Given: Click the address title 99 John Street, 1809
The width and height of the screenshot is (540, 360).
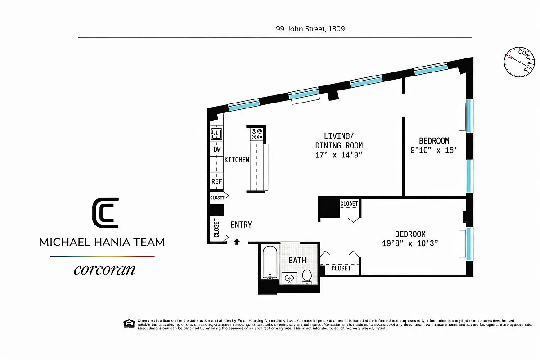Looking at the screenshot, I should point(310,28).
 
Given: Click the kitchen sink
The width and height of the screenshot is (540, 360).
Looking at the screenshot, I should point(216,134).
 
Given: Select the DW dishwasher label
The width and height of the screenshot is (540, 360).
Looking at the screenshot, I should point(217,149).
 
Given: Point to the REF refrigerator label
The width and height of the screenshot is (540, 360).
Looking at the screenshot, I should point(216,181).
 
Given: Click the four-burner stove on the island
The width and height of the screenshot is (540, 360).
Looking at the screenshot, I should point(256,134).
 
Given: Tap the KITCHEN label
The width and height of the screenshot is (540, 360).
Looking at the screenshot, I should point(237,160).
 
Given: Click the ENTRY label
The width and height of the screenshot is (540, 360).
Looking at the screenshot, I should point(241,225).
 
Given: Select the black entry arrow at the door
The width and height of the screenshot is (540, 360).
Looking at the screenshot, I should point(237,242).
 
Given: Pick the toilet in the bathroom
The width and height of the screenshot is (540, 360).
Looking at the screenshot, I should point(307,276).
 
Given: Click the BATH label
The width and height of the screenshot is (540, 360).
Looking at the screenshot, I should point(297,260).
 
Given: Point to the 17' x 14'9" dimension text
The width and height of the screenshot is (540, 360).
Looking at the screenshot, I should point(339,155).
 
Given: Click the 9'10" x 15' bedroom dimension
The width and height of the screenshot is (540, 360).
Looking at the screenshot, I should point(434,151).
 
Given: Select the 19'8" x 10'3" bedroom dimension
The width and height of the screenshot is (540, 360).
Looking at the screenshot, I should point(410,243).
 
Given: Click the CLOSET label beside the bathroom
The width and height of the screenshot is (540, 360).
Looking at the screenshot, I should point(341,268).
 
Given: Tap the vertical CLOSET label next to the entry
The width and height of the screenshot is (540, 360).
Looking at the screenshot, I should point(216,228).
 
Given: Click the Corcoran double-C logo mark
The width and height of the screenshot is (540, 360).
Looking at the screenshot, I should point(105,213).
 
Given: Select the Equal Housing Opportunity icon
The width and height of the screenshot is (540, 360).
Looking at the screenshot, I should point(129,323).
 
